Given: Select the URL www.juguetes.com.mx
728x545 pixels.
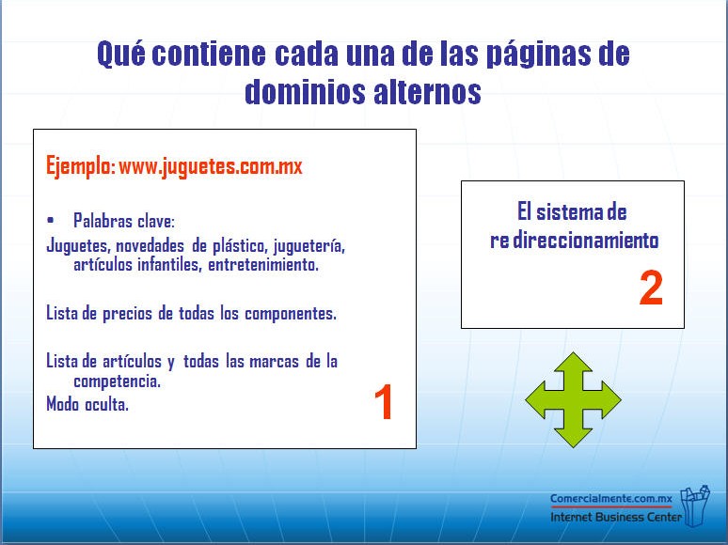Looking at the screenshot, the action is [x=211, y=167].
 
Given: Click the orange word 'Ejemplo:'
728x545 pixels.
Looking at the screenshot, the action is [x=80, y=166].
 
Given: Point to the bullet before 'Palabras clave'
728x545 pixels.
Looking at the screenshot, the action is [x=50, y=220].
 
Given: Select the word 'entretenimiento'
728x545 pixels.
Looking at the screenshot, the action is [x=262, y=265].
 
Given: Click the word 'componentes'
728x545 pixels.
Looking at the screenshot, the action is [x=291, y=315].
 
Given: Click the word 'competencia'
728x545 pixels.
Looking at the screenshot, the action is [x=117, y=381].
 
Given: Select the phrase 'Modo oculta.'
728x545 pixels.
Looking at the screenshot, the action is [x=87, y=404].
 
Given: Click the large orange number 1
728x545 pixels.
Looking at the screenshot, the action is [x=385, y=401].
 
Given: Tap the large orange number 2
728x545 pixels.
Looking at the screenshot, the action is [x=651, y=288].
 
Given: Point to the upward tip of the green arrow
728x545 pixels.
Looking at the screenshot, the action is [x=574, y=353].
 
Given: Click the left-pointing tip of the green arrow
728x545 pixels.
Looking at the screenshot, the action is [x=527, y=399].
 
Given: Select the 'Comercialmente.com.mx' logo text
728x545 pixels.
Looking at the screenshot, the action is [x=611, y=499].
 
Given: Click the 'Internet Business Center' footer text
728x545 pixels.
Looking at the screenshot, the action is [x=616, y=517].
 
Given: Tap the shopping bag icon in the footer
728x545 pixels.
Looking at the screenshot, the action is [x=695, y=506].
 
